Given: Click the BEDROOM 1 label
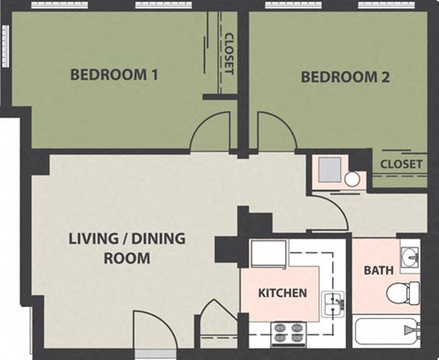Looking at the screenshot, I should click(x=114, y=74).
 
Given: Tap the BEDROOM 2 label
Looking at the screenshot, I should click(x=346, y=77).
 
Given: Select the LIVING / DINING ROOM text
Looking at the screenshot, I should click(x=126, y=249).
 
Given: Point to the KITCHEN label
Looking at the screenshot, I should click(x=282, y=294).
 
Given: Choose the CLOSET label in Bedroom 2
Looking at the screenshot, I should click(x=402, y=164).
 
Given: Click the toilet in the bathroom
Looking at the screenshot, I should click(x=402, y=292).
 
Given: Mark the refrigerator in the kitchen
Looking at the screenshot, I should click(x=269, y=253).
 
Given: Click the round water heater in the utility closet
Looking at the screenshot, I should click(x=352, y=180).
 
